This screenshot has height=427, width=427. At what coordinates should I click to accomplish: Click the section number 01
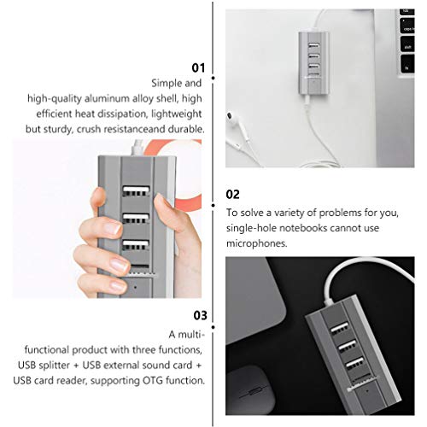click(197, 66)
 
